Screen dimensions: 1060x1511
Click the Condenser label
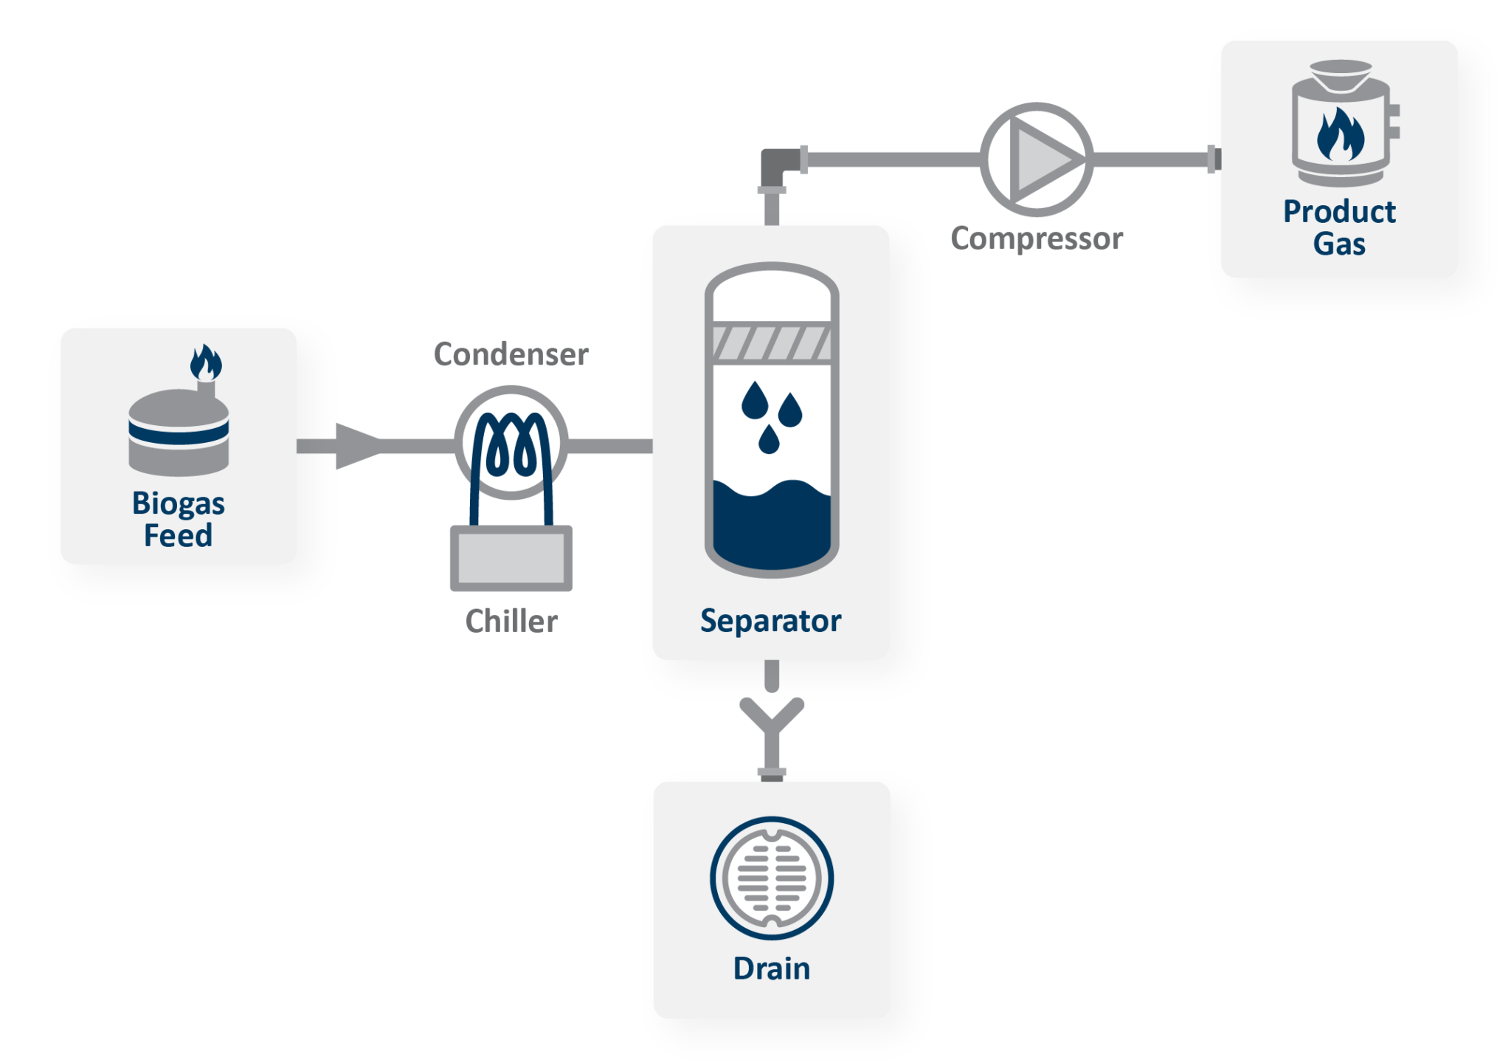[x=511, y=355]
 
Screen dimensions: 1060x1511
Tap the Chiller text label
[x=511, y=622]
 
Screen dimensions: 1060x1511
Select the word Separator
[x=770, y=622]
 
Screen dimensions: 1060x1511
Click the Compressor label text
[x=1037, y=239]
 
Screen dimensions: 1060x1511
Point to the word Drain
[x=771, y=968]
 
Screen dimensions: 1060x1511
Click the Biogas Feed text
[x=178, y=519]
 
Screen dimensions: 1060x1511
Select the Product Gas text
[x=1339, y=227]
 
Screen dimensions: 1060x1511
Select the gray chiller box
[x=511, y=558]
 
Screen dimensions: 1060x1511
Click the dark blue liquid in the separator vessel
[x=771, y=528]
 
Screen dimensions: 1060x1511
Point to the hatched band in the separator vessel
[x=771, y=343]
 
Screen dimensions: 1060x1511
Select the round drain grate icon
[x=772, y=878]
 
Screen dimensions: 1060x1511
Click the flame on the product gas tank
[x=1340, y=135]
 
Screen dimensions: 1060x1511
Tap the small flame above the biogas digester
[x=206, y=362]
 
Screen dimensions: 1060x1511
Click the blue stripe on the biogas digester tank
[x=179, y=433]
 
